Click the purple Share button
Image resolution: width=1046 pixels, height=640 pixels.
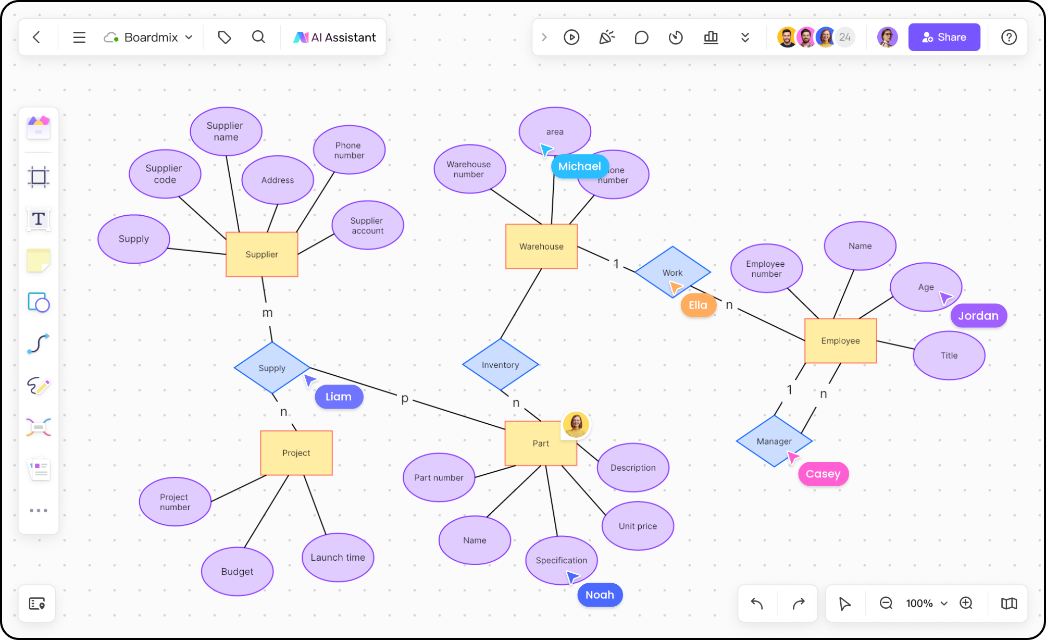coord(943,37)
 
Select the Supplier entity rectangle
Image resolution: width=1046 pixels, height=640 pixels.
coord(261,254)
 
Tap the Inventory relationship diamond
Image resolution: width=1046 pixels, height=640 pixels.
coord(500,365)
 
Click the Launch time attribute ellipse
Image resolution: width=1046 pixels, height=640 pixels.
coord(338,557)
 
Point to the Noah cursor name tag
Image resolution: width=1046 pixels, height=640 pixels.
coord(600,595)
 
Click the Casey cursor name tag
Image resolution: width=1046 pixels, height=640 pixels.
coord(823,474)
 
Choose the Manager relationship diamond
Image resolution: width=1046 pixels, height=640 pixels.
coord(774,441)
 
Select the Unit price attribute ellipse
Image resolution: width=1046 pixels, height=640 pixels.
coord(637,526)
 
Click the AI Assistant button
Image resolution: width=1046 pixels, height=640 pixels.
coord(334,37)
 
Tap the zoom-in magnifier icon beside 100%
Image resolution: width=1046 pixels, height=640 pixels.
coord(966,603)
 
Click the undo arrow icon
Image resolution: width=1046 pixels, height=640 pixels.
coord(756,603)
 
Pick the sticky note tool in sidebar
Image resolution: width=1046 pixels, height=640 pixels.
coord(39,260)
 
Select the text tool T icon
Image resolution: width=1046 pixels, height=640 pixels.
coord(39,219)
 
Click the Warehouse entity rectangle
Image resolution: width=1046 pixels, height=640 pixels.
coord(541,247)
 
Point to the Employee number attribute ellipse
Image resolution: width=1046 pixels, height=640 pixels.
coord(766,268)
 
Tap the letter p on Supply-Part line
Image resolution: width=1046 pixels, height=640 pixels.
coord(405,398)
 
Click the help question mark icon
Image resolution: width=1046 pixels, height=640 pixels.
coord(1008,37)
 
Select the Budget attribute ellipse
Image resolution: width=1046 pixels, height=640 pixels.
coord(237,571)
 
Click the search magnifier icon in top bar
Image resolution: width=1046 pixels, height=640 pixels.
coord(258,37)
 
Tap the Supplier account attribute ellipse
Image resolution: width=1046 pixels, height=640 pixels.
coord(367,225)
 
